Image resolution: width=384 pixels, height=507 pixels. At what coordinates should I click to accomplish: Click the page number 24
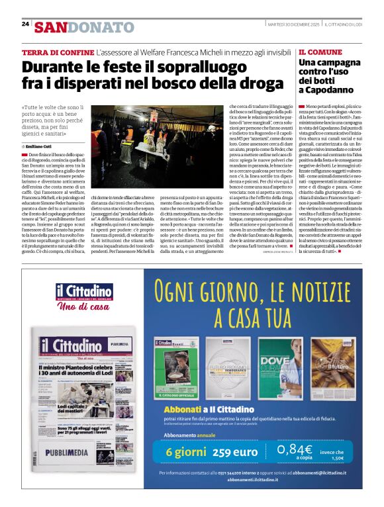click(x=25, y=24)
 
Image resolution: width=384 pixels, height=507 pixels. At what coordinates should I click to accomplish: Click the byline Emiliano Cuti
click(x=40, y=146)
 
